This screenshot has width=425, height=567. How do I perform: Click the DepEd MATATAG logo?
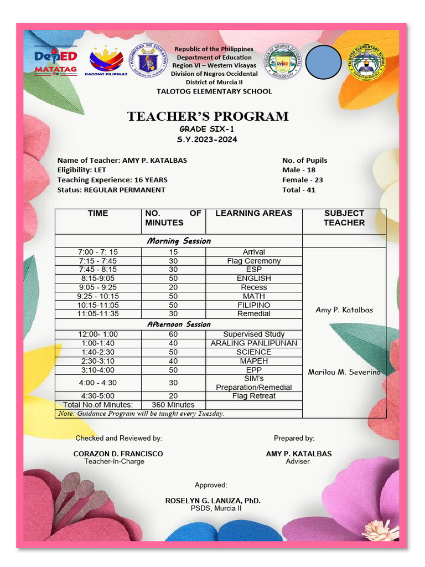pyautogui.click(x=55, y=60)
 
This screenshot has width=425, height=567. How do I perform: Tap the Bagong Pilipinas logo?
pyautogui.click(x=106, y=60)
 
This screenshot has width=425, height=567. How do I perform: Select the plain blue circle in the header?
pyautogui.click(x=323, y=61)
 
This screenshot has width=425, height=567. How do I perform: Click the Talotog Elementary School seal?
pyautogui.click(x=366, y=62)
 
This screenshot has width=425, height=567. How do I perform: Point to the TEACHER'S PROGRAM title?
pyautogui.click(x=208, y=116)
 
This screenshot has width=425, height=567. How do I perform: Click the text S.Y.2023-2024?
pyautogui.click(x=207, y=140)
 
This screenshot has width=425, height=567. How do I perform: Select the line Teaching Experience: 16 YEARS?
pyautogui.click(x=112, y=180)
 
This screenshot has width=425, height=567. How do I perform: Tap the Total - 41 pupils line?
pyautogui.click(x=299, y=190)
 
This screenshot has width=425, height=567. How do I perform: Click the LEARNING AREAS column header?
pyautogui.click(x=253, y=213)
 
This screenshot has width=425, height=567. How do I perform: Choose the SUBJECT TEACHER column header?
pyautogui.click(x=344, y=218)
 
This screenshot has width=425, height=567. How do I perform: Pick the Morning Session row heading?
pyautogui.click(x=178, y=241)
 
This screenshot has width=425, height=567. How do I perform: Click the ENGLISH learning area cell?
pyautogui.click(x=253, y=279)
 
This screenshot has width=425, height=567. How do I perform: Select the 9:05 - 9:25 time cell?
pyautogui.click(x=98, y=287)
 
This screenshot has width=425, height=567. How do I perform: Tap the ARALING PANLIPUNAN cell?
pyautogui.click(x=253, y=343)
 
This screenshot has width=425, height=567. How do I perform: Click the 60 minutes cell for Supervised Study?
pyautogui.click(x=173, y=334)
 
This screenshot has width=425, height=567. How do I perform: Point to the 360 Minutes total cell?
pyautogui.click(x=173, y=405)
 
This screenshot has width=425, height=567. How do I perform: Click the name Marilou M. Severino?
pyautogui.click(x=344, y=372)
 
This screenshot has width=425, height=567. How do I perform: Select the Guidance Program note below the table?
pyautogui.click(x=141, y=414)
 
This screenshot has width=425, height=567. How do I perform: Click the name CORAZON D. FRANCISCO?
pyautogui.click(x=118, y=453)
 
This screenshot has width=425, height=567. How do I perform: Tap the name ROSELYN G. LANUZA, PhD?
pyautogui.click(x=212, y=501)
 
